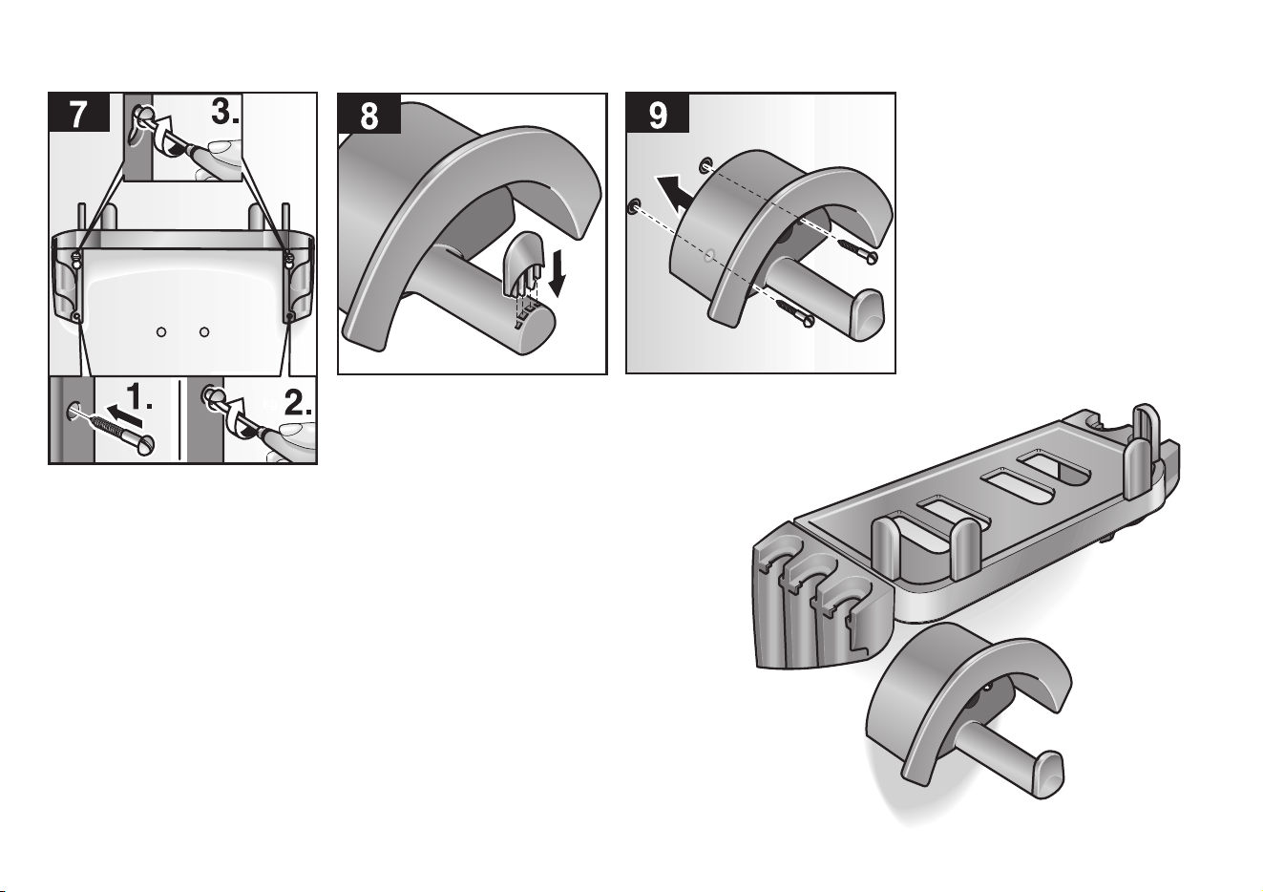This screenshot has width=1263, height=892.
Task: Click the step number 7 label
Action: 78,114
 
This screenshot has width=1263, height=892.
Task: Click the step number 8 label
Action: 368,115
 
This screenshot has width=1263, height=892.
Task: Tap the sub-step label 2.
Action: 297,402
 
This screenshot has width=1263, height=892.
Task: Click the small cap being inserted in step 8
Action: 523,266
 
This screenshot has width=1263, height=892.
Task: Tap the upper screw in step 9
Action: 857,250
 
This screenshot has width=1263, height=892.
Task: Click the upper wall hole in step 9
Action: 705,165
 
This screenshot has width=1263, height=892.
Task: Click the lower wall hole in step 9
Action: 634,206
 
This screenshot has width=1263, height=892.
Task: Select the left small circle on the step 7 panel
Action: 161,332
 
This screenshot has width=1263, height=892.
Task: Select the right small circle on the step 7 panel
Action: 204,331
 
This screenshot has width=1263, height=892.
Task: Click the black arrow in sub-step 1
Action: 125,414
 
